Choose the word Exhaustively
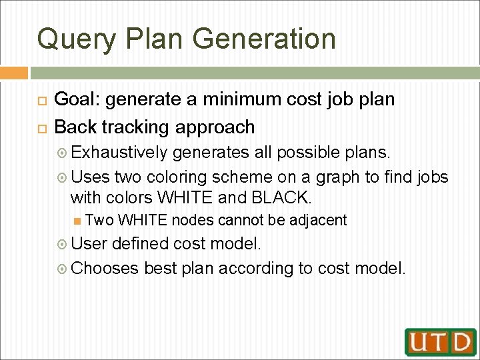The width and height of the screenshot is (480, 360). [119, 153]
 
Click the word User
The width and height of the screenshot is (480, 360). [89, 244]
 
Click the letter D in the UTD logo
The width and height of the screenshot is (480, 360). [461, 341]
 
